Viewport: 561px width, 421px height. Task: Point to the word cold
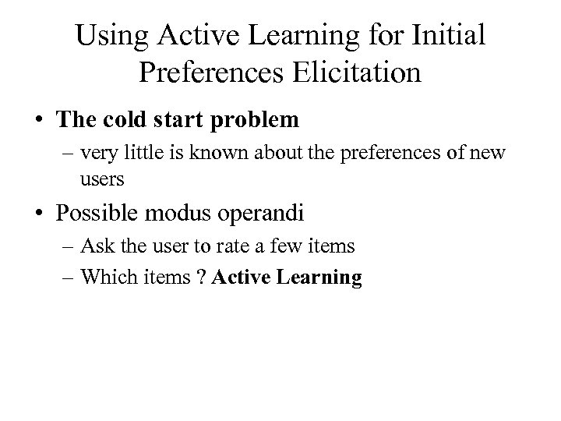(x=133, y=120)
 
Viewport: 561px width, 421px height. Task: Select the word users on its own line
(x=101, y=181)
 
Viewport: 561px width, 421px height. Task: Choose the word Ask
(x=97, y=247)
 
